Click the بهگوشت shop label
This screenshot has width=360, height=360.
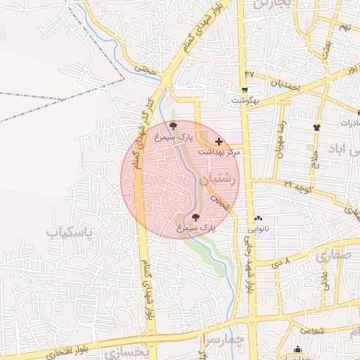coord(244,101)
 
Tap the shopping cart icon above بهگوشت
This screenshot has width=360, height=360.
coord(244,90)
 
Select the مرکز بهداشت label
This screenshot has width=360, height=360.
coord(219,152)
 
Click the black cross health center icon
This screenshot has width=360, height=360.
coord(219,141)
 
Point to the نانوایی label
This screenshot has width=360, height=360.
coord(258,229)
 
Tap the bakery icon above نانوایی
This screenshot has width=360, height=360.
coord(258,219)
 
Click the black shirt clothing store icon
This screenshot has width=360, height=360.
coord(316,127)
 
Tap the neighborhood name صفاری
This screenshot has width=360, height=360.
coord(331,256)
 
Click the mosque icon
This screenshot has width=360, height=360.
coord(297,349)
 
